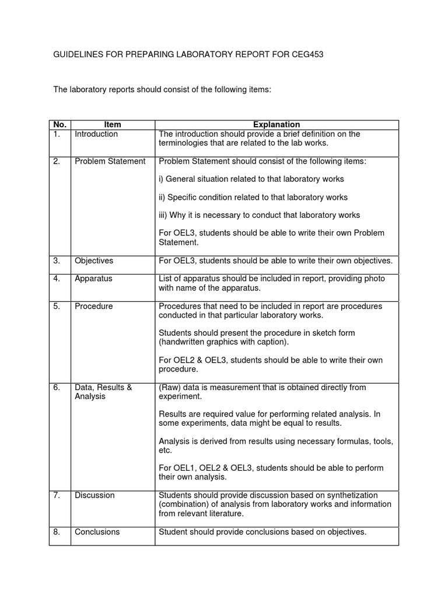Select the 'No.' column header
click(60, 124)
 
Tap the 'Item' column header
click(113, 124)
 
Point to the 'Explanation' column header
click(276, 124)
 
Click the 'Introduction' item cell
click(96, 134)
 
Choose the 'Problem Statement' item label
click(110, 161)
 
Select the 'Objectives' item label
click(94, 260)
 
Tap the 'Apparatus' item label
click(93, 279)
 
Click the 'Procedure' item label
click(94, 306)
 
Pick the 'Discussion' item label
click(94, 495)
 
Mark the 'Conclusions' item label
click(97, 531)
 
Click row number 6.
click(57, 387)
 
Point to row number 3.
click(57, 260)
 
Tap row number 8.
click(57, 531)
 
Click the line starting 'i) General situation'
click(251, 179)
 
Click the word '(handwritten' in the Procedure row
click(181, 342)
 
